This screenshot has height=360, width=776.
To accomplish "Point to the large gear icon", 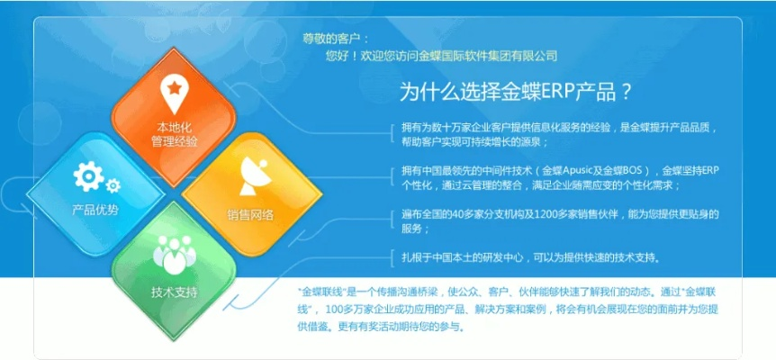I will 89,175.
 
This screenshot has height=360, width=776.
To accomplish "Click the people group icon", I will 173,255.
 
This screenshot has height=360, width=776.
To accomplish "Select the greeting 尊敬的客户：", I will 336,39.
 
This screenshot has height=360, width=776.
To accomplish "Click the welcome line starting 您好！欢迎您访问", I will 441,56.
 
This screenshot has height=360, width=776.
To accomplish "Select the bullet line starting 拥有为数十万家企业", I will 558,127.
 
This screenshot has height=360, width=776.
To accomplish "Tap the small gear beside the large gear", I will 113,185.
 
